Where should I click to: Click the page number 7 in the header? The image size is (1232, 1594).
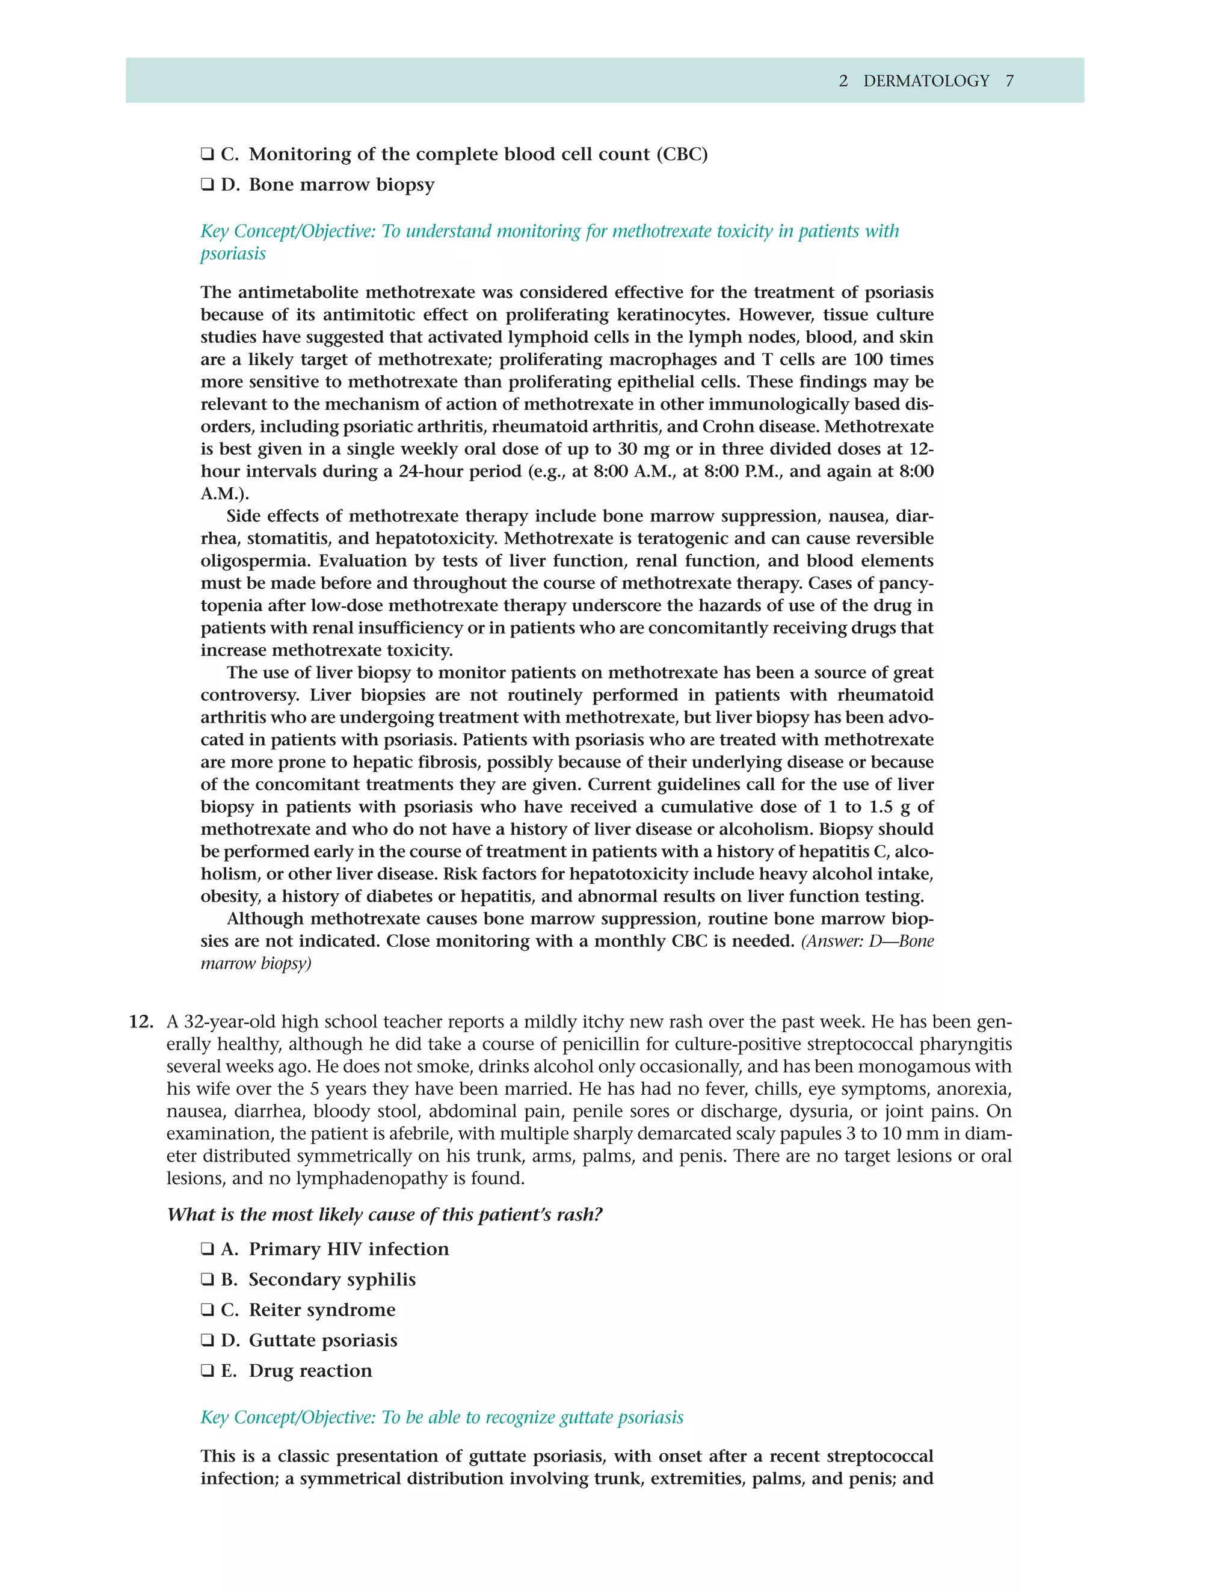(x=1009, y=81)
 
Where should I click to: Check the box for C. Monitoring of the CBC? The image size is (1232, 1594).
(x=208, y=155)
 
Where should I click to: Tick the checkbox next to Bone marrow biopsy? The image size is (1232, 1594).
(x=208, y=185)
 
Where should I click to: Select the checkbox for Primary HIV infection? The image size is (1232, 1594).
(x=208, y=1249)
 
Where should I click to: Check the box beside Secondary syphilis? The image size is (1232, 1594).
(x=208, y=1280)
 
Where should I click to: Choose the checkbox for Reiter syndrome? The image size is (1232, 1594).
(x=208, y=1310)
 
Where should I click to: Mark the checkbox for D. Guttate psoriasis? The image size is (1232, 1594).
(x=208, y=1341)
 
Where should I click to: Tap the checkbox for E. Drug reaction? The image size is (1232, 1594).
(x=208, y=1371)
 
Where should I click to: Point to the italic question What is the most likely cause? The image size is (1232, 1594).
(x=384, y=1214)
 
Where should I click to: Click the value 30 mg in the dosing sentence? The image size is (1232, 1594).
(x=643, y=449)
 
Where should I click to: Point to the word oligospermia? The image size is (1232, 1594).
(x=254, y=561)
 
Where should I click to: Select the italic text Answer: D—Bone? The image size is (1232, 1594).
(x=868, y=941)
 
